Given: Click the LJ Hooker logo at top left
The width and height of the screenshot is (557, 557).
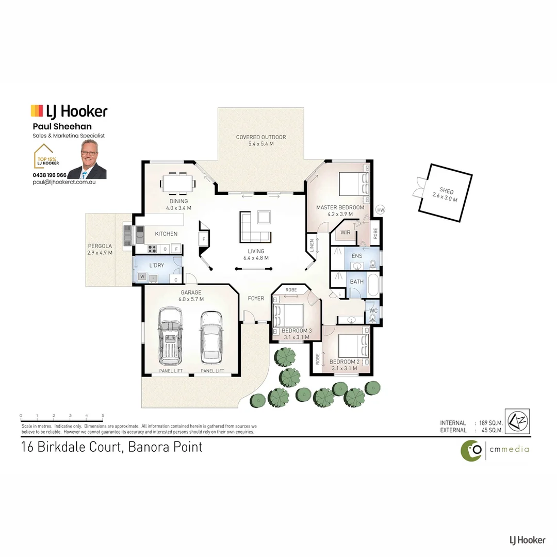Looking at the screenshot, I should (x=69, y=111).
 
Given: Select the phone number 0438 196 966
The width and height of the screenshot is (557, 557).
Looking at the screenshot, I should (x=50, y=175).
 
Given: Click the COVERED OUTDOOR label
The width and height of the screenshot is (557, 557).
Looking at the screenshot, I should (x=260, y=137).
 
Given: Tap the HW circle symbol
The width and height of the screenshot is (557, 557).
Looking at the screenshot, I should (x=381, y=210).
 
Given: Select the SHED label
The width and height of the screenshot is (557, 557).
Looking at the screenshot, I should (x=447, y=192).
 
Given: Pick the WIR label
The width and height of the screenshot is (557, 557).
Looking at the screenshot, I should (x=346, y=233).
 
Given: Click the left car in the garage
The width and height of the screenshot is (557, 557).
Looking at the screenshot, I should (x=170, y=335).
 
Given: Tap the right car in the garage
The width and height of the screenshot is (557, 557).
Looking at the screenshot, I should (x=211, y=336).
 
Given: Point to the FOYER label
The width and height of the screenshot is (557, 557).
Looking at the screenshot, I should (x=256, y=299).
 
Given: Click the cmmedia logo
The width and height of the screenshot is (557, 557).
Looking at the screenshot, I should (x=494, y=450).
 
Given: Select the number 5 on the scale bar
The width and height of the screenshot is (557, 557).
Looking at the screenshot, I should (x=103, y=416).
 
